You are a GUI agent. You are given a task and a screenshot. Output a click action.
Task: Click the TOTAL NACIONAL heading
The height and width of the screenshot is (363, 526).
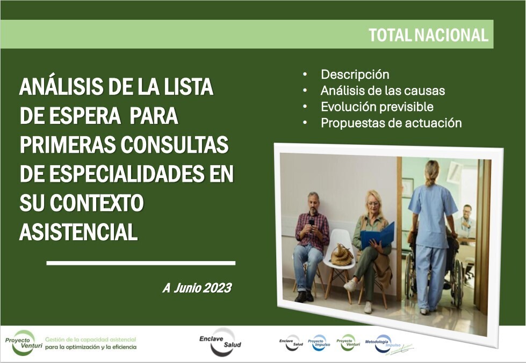428,35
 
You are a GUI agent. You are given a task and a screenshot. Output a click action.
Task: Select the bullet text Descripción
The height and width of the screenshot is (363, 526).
355,75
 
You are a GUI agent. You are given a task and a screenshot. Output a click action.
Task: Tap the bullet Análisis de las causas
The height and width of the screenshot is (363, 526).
383,91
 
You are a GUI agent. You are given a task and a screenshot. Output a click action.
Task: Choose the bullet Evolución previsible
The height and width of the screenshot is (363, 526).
377,107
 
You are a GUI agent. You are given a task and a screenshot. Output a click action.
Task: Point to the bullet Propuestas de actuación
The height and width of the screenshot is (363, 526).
391,123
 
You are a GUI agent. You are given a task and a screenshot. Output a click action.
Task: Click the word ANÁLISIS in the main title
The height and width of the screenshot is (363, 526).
62,87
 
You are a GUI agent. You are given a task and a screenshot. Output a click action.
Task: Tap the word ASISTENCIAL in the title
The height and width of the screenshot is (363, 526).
78,232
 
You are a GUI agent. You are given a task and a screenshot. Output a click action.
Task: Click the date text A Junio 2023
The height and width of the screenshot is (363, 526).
197,288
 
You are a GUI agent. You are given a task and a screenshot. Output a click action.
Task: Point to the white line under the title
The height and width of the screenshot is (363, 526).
141,263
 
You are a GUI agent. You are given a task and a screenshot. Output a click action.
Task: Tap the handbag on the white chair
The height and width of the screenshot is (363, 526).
342,254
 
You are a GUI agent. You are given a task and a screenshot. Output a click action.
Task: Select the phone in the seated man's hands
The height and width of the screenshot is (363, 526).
311,221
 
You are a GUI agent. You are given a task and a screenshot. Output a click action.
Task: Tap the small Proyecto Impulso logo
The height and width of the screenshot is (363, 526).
319,342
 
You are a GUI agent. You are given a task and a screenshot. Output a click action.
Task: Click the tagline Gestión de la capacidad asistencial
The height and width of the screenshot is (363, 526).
90,339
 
